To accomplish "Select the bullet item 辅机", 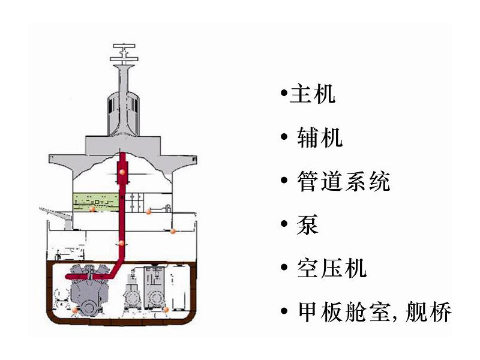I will point(320,138).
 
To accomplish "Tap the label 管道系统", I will point(343,181).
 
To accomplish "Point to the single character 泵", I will point(308,224).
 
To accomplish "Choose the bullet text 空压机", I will point(331,268).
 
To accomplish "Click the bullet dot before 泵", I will point(284,225).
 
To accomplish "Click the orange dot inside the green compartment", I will point(92,210).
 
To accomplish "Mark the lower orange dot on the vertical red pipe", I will point(122,243).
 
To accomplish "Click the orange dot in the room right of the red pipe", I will point(148,211).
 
